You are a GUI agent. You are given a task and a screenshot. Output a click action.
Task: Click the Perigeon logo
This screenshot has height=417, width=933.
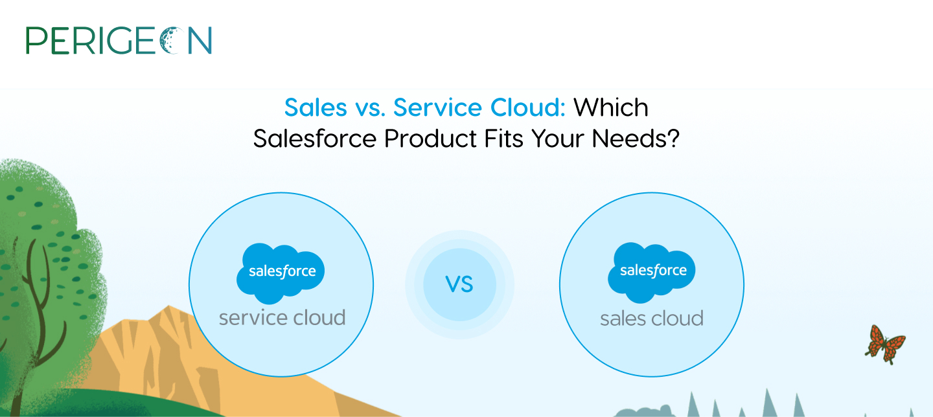pos(119,40)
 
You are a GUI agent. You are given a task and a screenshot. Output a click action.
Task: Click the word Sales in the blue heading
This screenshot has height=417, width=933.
pos(316,107)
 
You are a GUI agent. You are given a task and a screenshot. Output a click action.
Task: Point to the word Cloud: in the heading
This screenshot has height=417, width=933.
pos(527,107)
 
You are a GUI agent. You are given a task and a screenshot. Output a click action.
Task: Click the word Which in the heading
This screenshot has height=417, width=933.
pos(611,107)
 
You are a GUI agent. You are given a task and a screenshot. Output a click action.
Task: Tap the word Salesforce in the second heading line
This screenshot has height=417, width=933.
pos(315,138)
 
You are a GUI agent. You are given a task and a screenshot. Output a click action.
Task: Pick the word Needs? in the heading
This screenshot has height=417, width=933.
pos(636,138)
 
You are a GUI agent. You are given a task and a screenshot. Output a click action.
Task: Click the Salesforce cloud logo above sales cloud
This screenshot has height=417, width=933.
pos(652,273)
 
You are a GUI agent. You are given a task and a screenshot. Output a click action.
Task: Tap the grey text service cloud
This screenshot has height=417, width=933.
pos(282,318)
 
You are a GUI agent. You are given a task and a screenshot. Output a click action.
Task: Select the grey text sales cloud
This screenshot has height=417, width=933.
pos(652,319)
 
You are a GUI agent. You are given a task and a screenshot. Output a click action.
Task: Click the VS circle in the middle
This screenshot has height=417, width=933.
pos(459,285)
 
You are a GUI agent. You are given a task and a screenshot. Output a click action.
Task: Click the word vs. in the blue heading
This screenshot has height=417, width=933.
pos(371,108)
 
